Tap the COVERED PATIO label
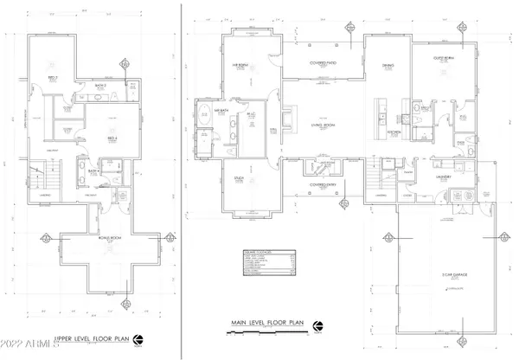tap(324, 63)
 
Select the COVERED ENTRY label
tap(323, 184)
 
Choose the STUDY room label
tap(239, 180)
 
